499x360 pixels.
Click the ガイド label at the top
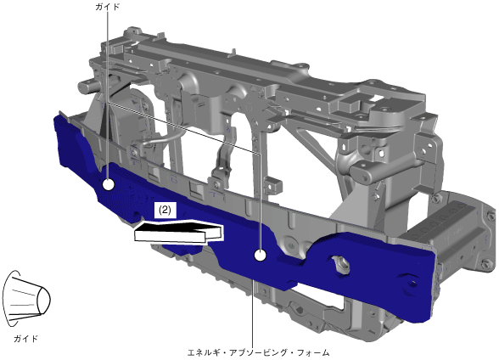click(107, 7)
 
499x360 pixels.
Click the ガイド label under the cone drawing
click(25, 339)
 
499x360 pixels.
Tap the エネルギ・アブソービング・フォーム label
click(258, 352)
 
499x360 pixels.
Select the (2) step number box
click(165, 210)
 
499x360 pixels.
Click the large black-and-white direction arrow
click(178, 232)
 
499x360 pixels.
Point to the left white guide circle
click(109, 184)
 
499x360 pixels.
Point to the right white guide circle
click(260, 256)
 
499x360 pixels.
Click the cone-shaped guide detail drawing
click(26, 299)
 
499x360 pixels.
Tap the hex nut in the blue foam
click(341, 265)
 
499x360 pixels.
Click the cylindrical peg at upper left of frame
click(87, 86)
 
